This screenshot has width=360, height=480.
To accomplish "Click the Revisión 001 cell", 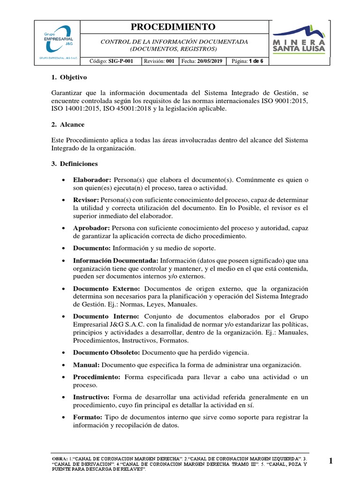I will click(159, 61).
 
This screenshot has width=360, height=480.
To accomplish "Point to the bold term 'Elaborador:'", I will click(92, 180).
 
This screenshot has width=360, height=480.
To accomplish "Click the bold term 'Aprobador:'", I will click(91, 228).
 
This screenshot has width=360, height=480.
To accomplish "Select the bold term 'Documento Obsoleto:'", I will click(106, 352).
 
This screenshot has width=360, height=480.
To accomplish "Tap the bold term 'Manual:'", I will click(86, 365).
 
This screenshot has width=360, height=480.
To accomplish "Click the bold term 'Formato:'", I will click(88, 417).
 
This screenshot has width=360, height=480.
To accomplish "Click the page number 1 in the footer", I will click(330, 461).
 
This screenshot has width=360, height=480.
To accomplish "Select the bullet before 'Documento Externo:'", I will click(63, 289).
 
